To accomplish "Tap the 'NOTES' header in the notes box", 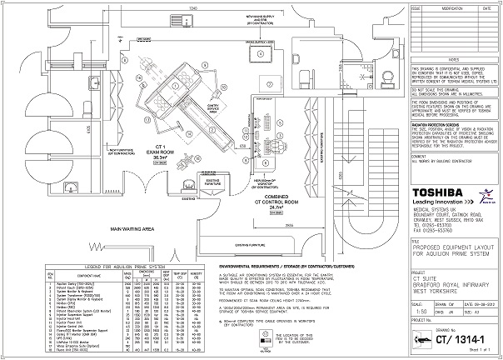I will [x=452, y=59].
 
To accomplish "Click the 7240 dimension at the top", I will [x=192, y=6].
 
